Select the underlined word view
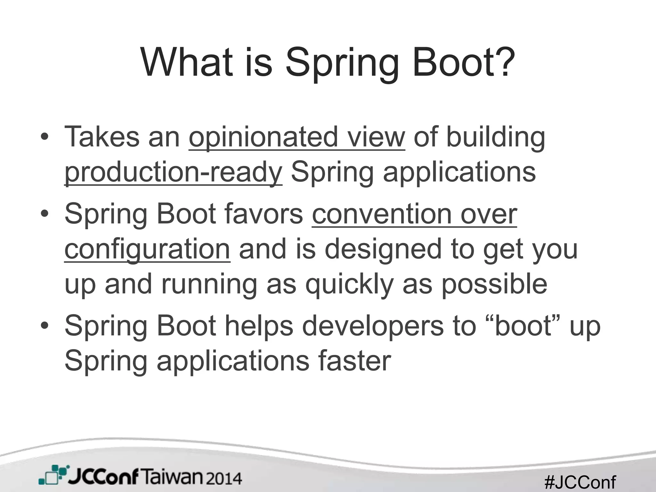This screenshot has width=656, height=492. (x=376, y=137)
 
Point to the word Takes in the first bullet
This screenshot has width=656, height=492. (x=102, y=137)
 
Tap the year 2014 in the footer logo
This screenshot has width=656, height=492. (x=224, y=479)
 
